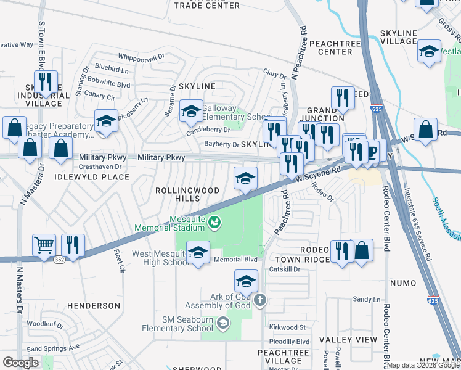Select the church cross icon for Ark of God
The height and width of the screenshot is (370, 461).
point(260,300)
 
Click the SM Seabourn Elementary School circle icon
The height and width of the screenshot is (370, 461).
point(223,323)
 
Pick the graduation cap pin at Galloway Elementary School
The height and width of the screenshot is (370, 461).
point(191,112)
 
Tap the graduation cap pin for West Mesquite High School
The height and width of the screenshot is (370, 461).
point(198,253)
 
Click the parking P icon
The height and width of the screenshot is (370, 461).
point(372,152)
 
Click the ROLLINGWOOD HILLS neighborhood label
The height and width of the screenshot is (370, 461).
point(187,195)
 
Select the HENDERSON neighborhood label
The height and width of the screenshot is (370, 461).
point(94,306)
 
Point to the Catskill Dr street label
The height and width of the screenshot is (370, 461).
point(284,269)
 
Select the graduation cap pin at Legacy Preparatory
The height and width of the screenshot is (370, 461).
point(106,121)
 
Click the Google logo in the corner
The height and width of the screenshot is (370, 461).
point(20,363)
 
